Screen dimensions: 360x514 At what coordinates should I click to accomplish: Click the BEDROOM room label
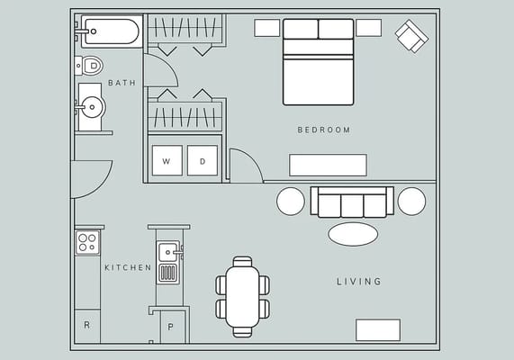pyautogui.click(x=323, y=130)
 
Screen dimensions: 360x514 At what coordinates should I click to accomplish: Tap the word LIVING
pyautogui.click(x=359, y=282)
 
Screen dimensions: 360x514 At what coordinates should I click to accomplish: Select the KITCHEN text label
pyautogui.click(x=128, y=267)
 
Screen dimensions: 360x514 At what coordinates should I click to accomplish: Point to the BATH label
pyautogui.click(x=122, y=83)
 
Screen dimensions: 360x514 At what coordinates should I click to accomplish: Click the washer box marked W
pyautogui.click(x=167, y=161)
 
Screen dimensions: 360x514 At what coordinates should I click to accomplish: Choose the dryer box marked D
pyautogui.click(x=203, y=161)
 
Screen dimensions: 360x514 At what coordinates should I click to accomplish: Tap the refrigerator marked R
pyautogui.click(x=87, y=325)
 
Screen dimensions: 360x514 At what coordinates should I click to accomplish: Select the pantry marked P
pyautogui.click(x=171, y=326)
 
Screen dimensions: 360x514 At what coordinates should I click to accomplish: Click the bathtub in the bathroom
pyautogui.click(x=109, y=32)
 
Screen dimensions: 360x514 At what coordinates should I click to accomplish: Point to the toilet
pyautogui.click(x=90, y=65)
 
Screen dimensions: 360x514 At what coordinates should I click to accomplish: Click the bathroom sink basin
pyautogui.click(x=91, y=107)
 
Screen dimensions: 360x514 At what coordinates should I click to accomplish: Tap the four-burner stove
pyautogui.click(x=87, y=242)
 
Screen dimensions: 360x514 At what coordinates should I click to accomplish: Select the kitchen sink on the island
pyautogui.click(x=167, y=251)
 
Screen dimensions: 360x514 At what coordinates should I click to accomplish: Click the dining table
pyautogui.click(x=242, y=297)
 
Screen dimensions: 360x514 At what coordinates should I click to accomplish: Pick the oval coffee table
pyautogui.click(x=353, y=234)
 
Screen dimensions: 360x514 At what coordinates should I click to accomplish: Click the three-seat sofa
pyautogui.click(x=352, y=202)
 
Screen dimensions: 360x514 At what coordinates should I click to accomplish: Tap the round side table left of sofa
pyautogui.click(x=291, y=201)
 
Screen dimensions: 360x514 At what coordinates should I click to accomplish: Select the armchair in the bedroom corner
pyautogui.click(x=412, y=36)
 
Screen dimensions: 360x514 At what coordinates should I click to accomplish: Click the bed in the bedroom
pyautogui.click(x=318, y=63)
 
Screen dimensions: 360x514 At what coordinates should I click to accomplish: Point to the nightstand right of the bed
pyautogui.click(x=368, y=28)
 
